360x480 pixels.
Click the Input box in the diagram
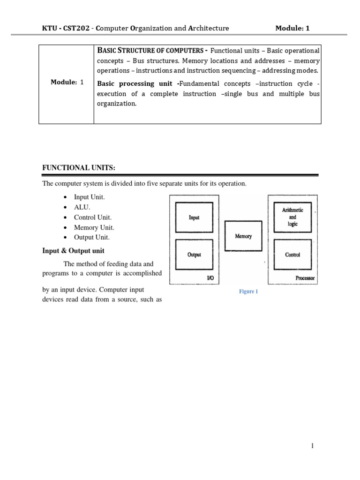[x=194, y=217]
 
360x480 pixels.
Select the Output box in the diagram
[x=194, y=255]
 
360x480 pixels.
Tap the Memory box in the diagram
[x=243, y=236]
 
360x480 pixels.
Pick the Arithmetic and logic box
[x=292, y=217]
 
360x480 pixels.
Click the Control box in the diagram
[x=292, y=255]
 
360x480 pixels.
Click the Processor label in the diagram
[x=305, y=278]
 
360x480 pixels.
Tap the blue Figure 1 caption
[x=248, y=292]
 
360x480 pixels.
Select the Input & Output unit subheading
[x=73, y=251]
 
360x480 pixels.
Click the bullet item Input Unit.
[x=89, y=197]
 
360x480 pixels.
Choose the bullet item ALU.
[x=82, y=207]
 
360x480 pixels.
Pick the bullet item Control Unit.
[x=93, y=217]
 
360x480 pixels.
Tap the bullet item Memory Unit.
[x=94, y=227]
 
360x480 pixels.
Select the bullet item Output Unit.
[x=92, y=238]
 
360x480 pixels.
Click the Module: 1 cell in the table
[x=67, y=82]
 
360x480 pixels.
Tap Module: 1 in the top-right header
[x=292, y=28]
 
